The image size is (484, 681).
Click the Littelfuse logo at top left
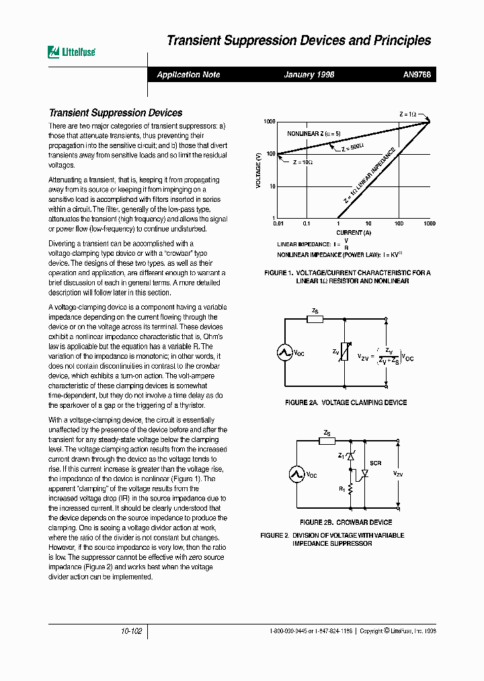(x=71, y=52)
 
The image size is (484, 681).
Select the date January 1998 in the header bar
(x=309, y=75)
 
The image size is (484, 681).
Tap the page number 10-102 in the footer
(x=132, y=632)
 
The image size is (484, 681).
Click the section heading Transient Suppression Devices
(x=116, y=113)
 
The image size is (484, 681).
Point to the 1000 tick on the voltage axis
(x=269, y=122)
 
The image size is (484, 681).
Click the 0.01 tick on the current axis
(x=276, y=223)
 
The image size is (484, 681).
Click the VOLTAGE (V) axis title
(x=258, y=171)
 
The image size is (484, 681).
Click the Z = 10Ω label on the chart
(x=303, y=163)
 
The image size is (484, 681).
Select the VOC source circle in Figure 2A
(x=285, y=352)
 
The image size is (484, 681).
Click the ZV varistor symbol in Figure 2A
(x=344, y=352)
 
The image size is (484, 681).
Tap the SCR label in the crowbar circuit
(x=376, y=464)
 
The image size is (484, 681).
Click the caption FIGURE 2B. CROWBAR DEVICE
(x=346, y=522)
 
